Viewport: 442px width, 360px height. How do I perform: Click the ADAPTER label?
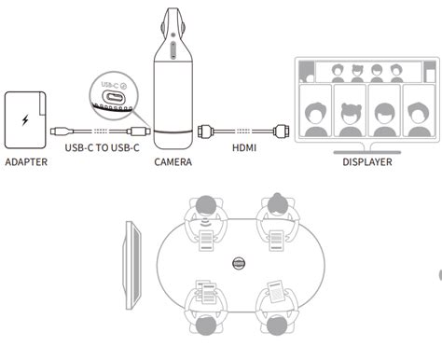click(26, 161)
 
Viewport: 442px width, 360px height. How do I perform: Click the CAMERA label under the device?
click(173, 161)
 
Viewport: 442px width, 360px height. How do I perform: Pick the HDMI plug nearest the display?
click(282, 132)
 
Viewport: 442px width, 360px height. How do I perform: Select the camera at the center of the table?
click(240, 266)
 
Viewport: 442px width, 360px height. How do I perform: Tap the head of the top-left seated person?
click(207, 206)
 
